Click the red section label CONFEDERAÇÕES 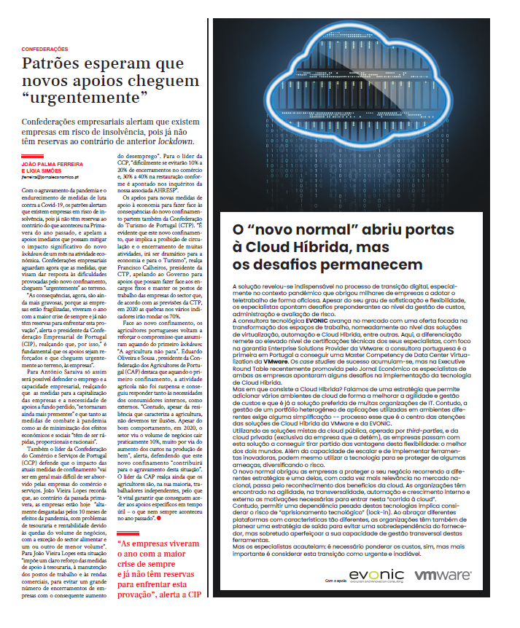click(x=43, y=49)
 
